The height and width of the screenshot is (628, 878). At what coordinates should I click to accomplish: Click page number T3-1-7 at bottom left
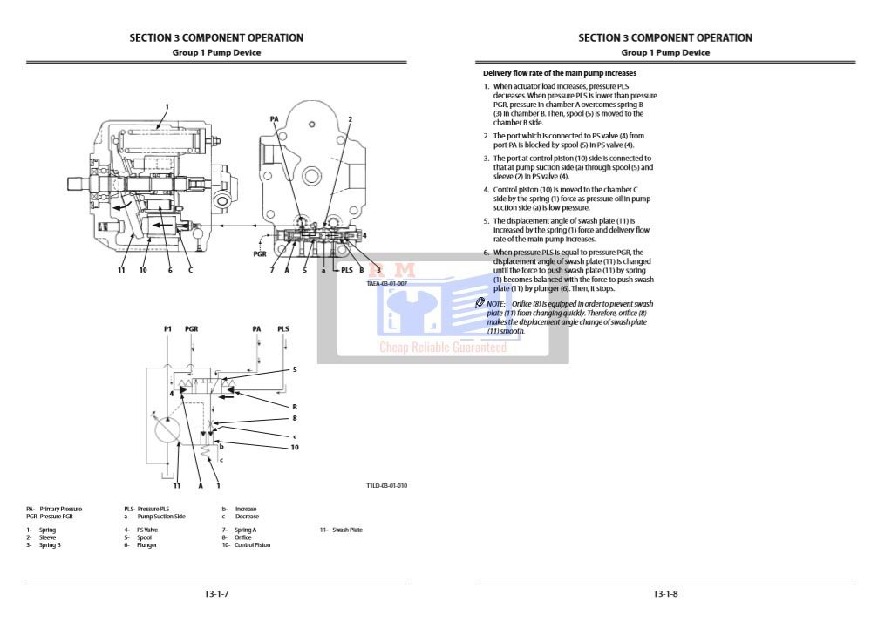tap(216, 594)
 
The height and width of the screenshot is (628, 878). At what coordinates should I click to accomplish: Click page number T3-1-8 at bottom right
tap(665, 594)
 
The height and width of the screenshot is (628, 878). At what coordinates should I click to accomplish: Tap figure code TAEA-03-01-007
tap(387, 284)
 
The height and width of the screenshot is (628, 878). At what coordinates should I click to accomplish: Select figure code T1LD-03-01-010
tap(387, 485)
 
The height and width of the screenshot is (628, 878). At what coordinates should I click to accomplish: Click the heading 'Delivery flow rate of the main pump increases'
tap(560, 73)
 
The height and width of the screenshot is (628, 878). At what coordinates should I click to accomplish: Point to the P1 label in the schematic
tap(167, 329)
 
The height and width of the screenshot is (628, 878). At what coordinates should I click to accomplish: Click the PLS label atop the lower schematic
tap(283, 329)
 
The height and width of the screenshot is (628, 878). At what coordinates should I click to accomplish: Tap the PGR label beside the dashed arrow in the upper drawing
tap(260, 254)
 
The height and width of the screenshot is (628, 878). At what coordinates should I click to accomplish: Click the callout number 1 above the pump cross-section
tap(166, 107)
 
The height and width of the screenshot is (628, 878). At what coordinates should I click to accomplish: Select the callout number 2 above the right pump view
tap(350, 118)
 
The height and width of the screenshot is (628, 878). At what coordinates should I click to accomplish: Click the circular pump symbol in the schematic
tap(167, 429)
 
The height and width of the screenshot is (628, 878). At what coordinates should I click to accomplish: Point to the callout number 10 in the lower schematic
tap(295, 448)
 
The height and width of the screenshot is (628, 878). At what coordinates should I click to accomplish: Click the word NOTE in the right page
tap(495, 303)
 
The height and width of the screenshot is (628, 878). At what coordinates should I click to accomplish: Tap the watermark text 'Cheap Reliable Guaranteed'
tap(442, 348)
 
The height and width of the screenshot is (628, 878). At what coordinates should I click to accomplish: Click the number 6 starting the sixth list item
tap(487, 253)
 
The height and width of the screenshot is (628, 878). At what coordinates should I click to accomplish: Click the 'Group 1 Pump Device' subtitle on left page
tap(216, 52)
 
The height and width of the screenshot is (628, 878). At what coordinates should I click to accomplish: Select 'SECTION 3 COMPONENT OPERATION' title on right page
tap(665, 37)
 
